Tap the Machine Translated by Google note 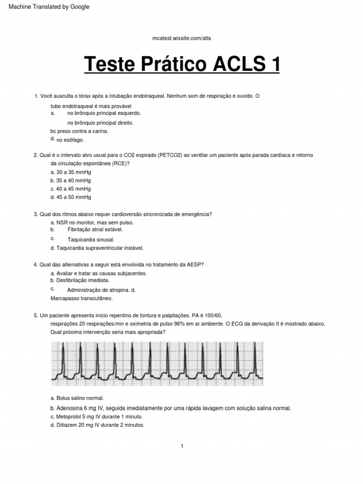[x=46, y=7]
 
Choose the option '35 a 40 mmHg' [x=71, y=180]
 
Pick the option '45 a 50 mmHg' [x=71, y=197]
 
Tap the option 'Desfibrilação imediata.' [x=79, y=280]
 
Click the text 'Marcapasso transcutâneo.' [x=81, y=298]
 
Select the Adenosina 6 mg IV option [x=171, y=408]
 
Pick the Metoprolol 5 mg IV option [x=96, y=416]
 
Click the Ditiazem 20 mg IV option [x=97, y=425]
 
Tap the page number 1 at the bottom [x=182, y=446]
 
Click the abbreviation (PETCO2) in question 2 [x=169, y=155]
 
